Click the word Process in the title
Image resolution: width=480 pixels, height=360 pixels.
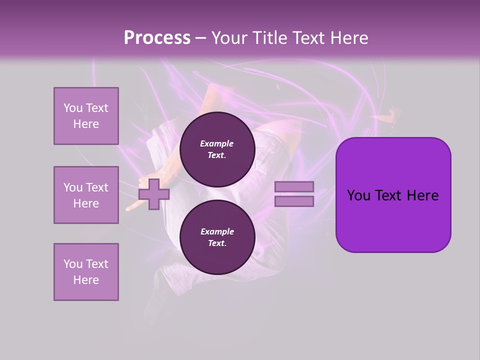click(157, 38)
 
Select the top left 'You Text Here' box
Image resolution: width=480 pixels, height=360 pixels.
click(86, 116)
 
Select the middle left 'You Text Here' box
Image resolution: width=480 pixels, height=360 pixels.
click(86, 195)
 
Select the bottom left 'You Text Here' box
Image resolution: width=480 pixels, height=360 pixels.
click(86, 272)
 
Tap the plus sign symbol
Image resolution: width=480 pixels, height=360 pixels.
click(154, 194)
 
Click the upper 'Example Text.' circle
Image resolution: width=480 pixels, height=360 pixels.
click(217, 149)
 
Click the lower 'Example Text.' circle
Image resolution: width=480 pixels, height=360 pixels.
click(217, 237)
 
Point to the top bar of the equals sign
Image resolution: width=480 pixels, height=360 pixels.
click(294, 187)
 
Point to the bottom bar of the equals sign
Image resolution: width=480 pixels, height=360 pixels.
click(294, 201)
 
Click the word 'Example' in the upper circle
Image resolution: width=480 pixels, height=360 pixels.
click(217, 144)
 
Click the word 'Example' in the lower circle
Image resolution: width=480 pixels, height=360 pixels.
click(217, 232)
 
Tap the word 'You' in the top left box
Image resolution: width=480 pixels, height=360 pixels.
click(72, 108)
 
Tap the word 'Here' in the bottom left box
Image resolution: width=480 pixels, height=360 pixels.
click(86, 280)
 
